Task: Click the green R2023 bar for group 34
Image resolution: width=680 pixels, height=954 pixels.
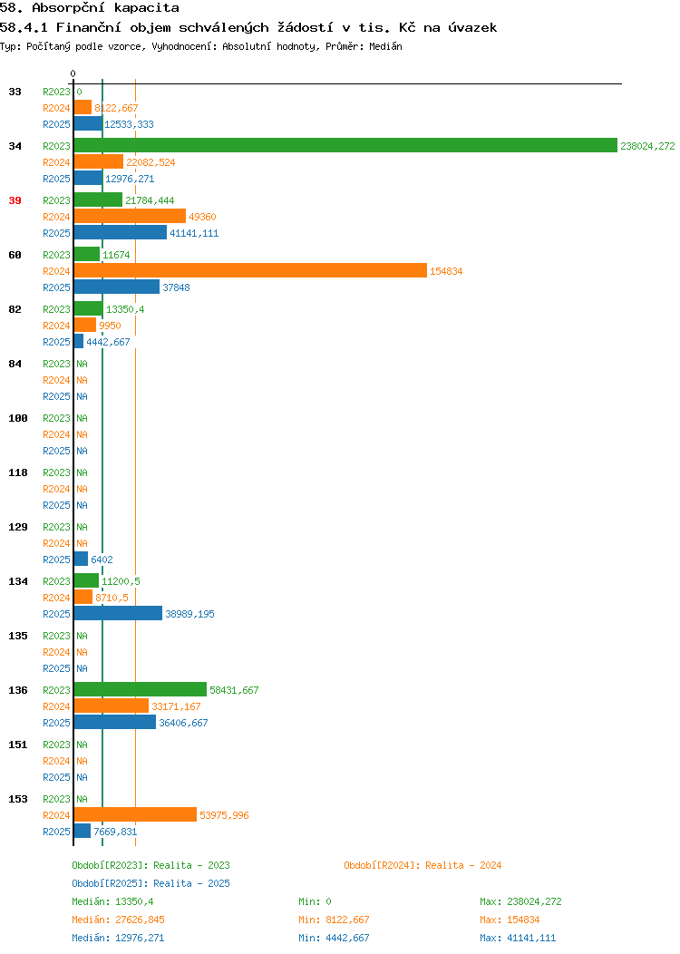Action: click(345, 145)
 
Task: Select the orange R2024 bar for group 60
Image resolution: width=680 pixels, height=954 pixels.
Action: click(249, 270)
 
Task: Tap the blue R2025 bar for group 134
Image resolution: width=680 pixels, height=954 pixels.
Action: click(118, 613)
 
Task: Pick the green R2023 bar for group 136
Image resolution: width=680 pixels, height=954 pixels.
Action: click(140, 689)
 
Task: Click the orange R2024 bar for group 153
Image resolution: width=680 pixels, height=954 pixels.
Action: click(135, 814)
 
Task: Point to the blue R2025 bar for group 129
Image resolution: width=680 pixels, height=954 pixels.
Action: click(81, 559)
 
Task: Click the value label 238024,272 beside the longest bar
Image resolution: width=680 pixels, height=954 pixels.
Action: click(647, 146)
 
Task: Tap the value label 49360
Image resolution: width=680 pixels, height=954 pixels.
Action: click(202, 217)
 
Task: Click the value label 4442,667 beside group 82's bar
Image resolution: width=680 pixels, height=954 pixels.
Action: click(108, 342)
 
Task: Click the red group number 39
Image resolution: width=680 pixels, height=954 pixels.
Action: click(15, 200)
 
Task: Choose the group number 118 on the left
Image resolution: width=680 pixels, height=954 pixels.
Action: click(18, 472)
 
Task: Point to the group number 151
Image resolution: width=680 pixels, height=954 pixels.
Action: click(18, 745)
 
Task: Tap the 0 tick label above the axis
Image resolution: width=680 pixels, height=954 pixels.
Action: click(73, 73)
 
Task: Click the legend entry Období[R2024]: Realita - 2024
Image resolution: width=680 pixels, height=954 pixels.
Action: click(423, 865)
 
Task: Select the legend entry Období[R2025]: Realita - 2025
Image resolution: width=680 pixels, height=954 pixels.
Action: click(151, 883)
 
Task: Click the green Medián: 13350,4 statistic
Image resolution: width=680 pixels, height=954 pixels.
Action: click(112, 901)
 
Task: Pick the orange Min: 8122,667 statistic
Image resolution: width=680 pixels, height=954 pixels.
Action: click(334, 920)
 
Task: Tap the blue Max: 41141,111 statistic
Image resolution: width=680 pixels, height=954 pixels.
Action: click(518, 938)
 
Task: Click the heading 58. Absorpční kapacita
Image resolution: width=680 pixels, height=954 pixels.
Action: click(83, 7)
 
